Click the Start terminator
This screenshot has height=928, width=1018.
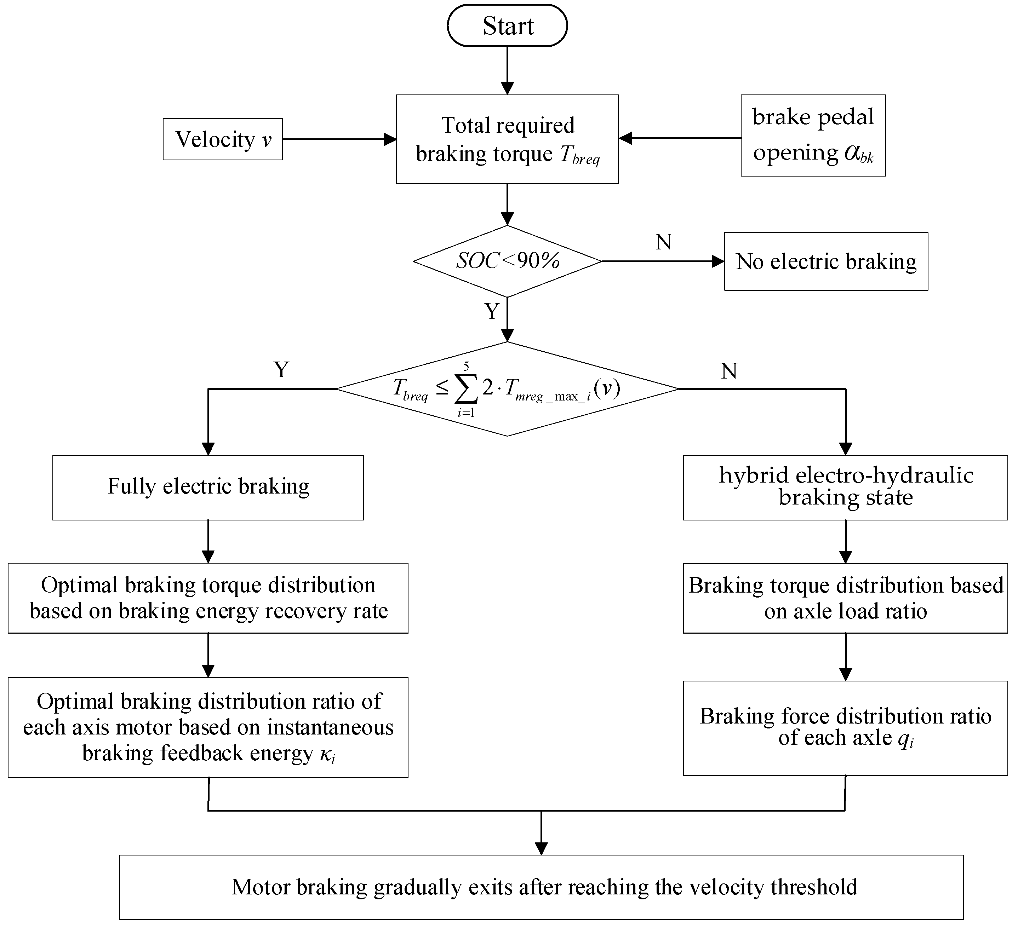click(507, 26)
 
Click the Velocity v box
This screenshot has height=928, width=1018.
click(223, 139)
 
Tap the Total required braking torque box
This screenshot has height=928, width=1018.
click(507, 139)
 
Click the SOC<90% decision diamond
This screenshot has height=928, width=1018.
click(507, 261)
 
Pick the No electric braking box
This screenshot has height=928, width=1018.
click(825, 261)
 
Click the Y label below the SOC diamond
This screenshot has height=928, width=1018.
click(491, 311)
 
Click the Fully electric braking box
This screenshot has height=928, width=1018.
click(208, 487)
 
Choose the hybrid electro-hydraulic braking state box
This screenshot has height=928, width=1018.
click(845, 487)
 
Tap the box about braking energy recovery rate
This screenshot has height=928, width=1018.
click(208, 598)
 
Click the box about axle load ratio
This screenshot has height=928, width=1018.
click(845, 598)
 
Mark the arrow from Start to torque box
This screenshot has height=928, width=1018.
click(507, 71)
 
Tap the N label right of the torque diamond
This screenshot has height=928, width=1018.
click(729, 371)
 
